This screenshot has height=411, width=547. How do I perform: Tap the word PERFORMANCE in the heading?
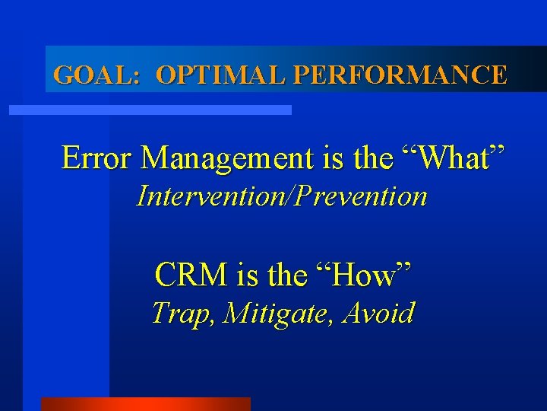pos(399,75)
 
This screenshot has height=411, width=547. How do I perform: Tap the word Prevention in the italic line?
pos(365,196)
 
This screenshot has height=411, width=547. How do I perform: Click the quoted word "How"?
pos(368,274)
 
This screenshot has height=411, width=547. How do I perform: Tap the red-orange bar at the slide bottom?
pos(145,404)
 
